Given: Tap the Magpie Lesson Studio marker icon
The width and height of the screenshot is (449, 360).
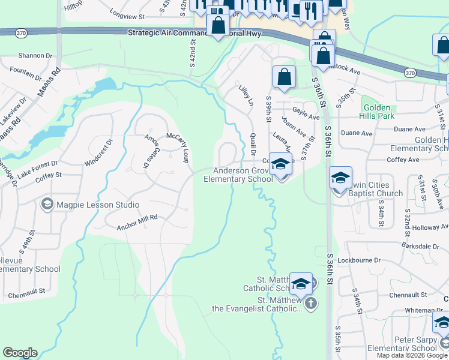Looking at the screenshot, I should click(46, 205).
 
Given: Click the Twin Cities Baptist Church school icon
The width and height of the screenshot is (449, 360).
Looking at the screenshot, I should click(340, 178).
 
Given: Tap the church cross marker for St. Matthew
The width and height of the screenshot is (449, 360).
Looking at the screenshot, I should click(310, 302).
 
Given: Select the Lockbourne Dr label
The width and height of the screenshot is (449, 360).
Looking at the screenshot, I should click(360, 260).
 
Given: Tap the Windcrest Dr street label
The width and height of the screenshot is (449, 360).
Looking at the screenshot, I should click(99, 153).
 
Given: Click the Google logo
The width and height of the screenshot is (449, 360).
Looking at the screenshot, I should click(20, 353).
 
